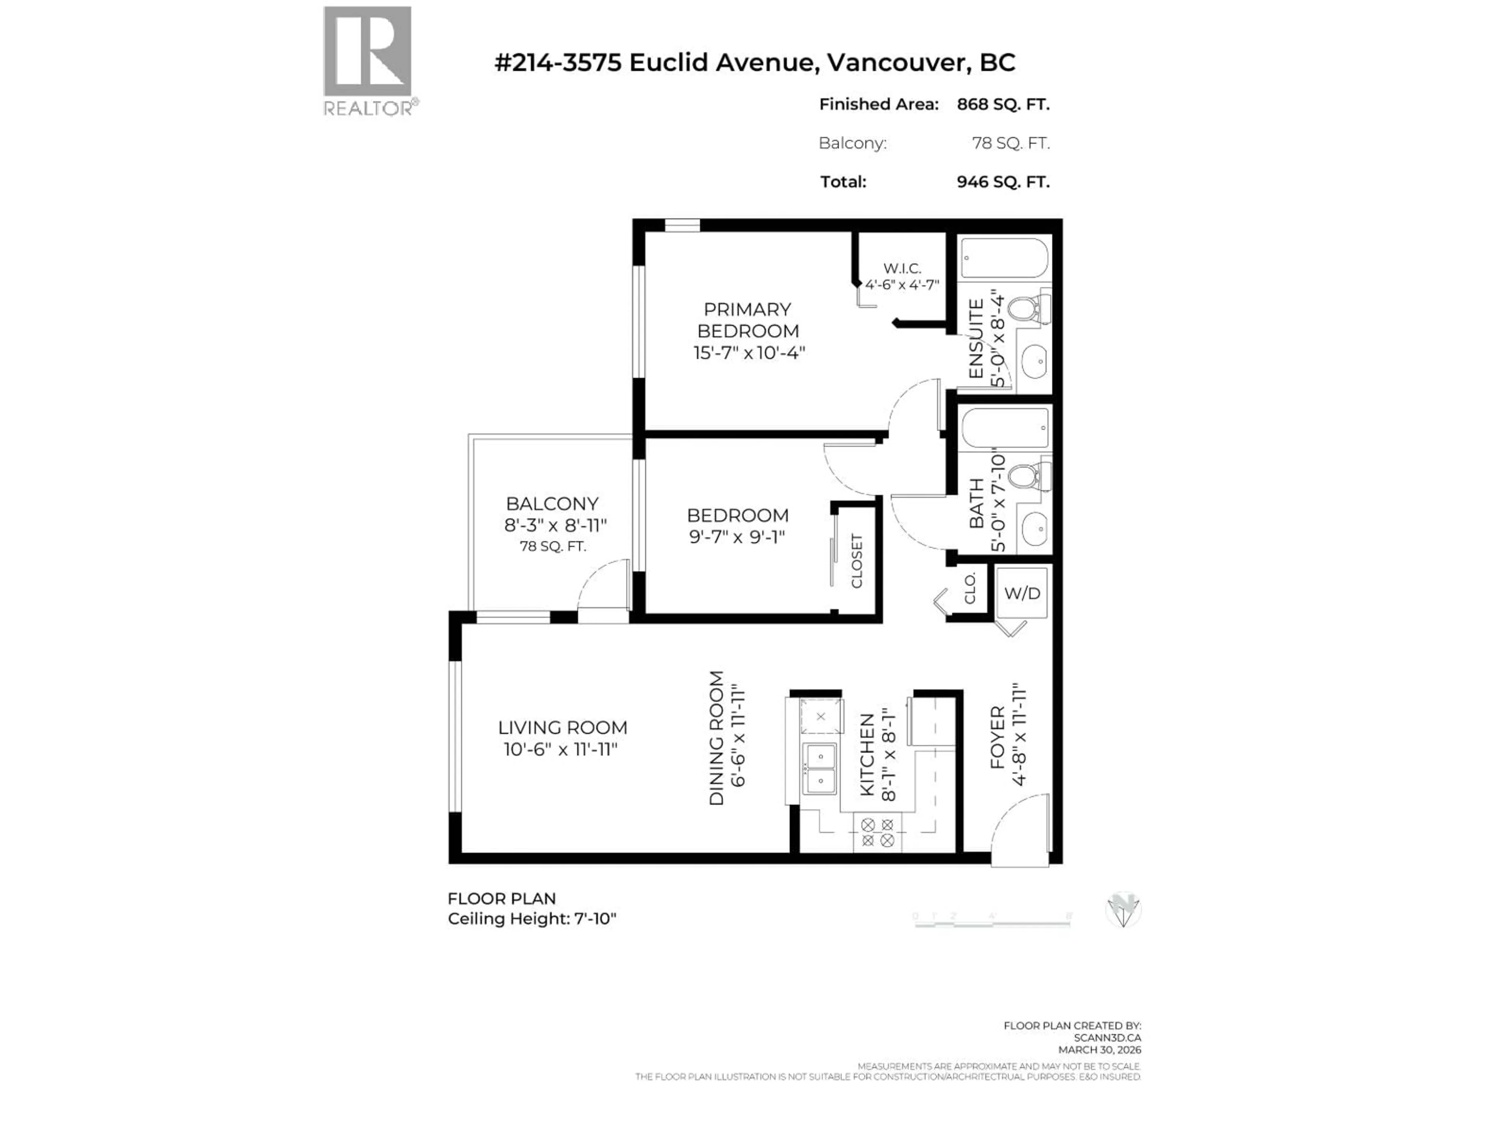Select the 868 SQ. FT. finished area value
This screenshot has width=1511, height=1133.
pos(1003,105)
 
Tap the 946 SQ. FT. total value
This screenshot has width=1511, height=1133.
pos(1003,182)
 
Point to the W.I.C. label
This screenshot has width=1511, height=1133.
pos(902,268)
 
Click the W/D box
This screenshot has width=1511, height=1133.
pos(1022,593)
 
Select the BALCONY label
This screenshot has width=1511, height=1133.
pos(552,504)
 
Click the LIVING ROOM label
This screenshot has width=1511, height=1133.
pos(562,728)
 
